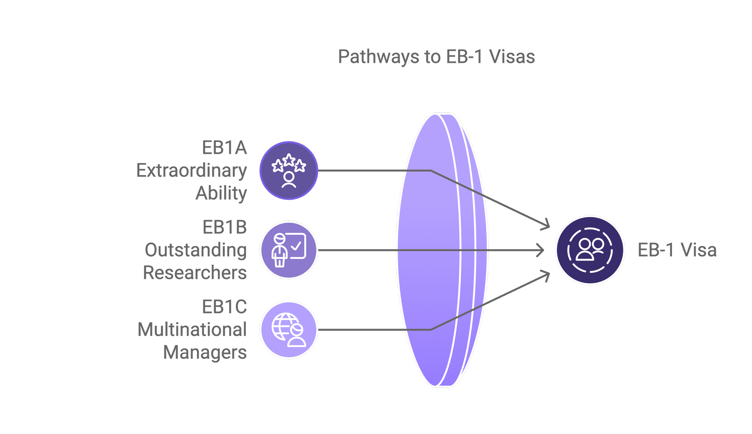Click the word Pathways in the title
point(378,57)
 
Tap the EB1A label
point(224,148)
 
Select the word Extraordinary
point(192,171)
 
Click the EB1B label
point(225,227)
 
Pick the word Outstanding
point(196,250)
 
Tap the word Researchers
point(195,273)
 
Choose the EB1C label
point(224,307)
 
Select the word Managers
point(205,352)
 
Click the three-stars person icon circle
point(289,171)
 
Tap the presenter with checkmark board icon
point(289,250)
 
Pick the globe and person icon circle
point(289,330)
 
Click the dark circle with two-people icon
point(590,250)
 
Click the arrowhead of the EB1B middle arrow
point(541,250)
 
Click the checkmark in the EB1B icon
point(297,246)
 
